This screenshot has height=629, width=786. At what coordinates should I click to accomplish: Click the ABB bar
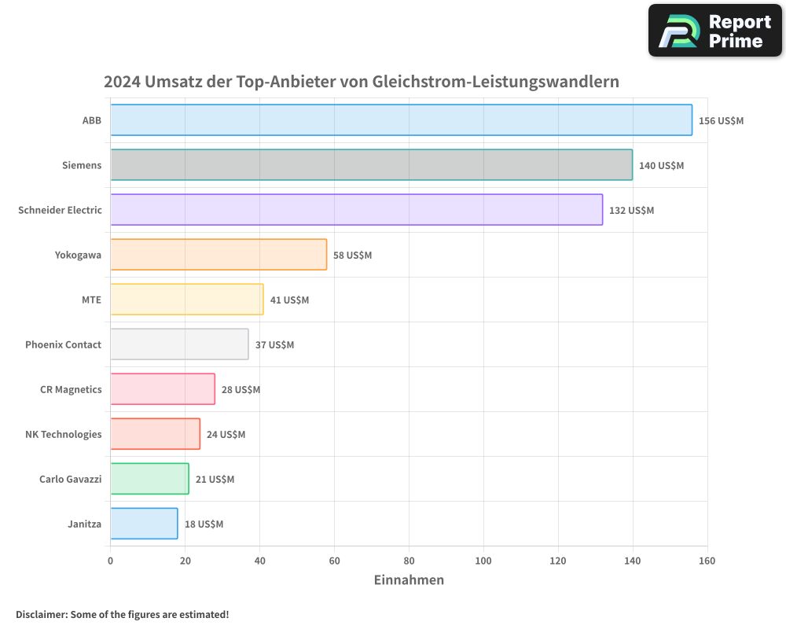tap(401, 120)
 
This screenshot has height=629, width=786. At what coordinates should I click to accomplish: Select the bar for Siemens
tap(371, 165)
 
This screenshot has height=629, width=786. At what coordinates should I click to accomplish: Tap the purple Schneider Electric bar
tap(356, 210)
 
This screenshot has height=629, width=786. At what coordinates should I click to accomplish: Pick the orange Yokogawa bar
tap(219, 255)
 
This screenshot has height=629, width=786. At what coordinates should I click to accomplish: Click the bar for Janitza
tap(144, 524)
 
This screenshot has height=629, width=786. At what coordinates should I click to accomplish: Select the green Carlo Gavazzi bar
tap(149, 479)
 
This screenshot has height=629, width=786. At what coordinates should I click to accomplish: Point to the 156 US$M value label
tap(721, 121)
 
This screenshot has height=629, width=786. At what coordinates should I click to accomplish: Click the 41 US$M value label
tap(289, 300)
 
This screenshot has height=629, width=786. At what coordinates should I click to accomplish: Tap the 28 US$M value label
tap(241, 390)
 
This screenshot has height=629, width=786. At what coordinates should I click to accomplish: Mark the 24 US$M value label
tap(226, 435)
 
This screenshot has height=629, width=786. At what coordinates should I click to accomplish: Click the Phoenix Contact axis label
tap(63, 344)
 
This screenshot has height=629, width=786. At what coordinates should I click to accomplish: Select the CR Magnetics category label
tap(71, 389)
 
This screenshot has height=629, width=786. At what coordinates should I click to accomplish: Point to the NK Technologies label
tap(63, 434)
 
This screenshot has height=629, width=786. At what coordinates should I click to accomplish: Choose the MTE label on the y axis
tap(91, 300)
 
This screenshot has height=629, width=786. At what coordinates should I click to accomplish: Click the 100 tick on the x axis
tap(483, 561)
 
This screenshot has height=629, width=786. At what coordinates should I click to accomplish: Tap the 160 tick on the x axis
tap(707, 561)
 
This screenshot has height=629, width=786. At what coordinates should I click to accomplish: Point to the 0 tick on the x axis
tap(110, 561)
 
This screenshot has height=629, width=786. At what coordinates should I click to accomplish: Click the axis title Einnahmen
tap(409, 580)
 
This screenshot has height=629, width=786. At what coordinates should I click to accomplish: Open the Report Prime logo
tap(714, 31)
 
